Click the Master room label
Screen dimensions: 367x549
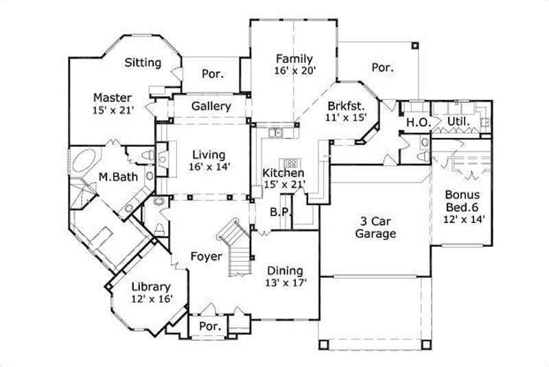coord(113,97)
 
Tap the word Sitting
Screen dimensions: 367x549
coord(143,62)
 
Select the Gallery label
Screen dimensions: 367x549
coord(211,106)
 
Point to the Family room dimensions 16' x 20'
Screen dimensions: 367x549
coord(294,71)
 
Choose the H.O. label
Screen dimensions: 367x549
coord(418,122)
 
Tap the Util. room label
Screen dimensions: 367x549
coord(458,122)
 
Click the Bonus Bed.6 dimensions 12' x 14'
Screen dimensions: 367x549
coord(465,218)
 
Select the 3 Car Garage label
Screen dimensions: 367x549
coord(375,227)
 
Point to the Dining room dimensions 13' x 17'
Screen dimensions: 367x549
coord(285,281)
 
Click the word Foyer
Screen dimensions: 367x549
coord(207,257)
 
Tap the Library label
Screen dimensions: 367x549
coord(150,287)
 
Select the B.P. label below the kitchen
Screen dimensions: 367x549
coord(277,212)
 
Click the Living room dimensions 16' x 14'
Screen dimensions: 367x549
coord(210,165)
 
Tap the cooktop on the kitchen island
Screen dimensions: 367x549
coord(292,164)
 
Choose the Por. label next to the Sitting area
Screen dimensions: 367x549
coord(212,73)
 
